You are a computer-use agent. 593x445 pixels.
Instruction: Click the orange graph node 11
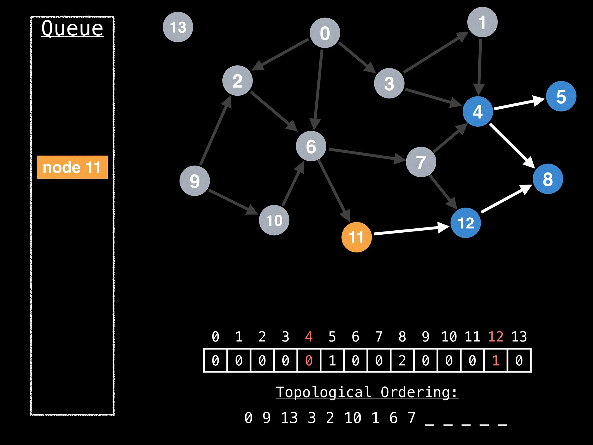(x=356, y=237)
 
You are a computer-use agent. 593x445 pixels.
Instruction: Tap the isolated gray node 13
(x=178, y=27)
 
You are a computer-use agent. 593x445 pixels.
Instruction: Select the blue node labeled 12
(x=466, y=223)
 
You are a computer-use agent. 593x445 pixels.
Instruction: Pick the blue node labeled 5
(x=561, y=96)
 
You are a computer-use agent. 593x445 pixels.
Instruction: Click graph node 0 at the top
(x=325, y=33)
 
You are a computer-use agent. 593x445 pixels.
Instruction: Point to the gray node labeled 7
(x=421, y=162)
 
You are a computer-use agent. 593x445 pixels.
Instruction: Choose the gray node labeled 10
(x=274, y=220)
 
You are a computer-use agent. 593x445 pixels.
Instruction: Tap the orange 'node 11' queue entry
(x=72, y=167)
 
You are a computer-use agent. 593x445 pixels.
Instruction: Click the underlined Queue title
(x=72, y=28)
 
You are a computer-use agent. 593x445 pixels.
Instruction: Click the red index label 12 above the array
(x=495, y=337)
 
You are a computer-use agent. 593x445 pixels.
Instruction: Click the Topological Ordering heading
(x=367, y=392)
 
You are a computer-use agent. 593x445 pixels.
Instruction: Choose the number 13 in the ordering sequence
(x=289, y=418)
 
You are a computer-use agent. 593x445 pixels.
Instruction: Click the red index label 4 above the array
(x=309, y=337)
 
